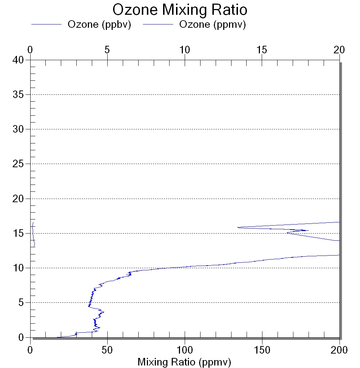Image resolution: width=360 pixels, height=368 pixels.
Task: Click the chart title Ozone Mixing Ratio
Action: pos(180,10)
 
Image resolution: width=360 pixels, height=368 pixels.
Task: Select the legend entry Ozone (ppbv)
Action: pos(99,25)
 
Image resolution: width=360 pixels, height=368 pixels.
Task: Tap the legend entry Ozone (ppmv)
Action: pos(212,25)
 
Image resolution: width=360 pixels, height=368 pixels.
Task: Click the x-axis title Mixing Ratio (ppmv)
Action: pos(184,362)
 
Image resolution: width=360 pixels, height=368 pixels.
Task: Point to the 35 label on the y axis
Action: pos(18,94)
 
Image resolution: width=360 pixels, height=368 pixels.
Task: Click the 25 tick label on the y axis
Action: pos(18,164)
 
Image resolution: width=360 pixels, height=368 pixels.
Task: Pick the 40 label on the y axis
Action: pos(18,60)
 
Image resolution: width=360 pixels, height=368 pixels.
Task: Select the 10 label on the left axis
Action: pos(18,268)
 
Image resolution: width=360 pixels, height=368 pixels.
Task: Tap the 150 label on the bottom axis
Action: pos(262,350)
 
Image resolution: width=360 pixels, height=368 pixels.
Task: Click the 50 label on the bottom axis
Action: pos(107,350)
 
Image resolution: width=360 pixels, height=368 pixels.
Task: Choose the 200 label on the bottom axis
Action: pos(339,350)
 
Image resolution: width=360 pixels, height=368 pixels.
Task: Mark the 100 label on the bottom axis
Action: pos(185,350)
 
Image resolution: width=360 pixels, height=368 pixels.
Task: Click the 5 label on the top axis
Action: pos(107,50)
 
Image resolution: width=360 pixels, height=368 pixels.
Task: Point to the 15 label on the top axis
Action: pos(262,50)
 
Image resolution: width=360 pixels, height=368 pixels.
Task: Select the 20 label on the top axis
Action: pos(339,50)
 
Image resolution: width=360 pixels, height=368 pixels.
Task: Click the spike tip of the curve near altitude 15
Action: pos(309,230)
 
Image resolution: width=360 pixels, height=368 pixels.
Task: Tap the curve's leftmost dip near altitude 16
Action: pos(238,227)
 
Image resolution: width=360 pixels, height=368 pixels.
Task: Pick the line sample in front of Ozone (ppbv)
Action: pos(46,24)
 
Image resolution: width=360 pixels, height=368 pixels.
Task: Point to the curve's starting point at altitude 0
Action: pos(57,337)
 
